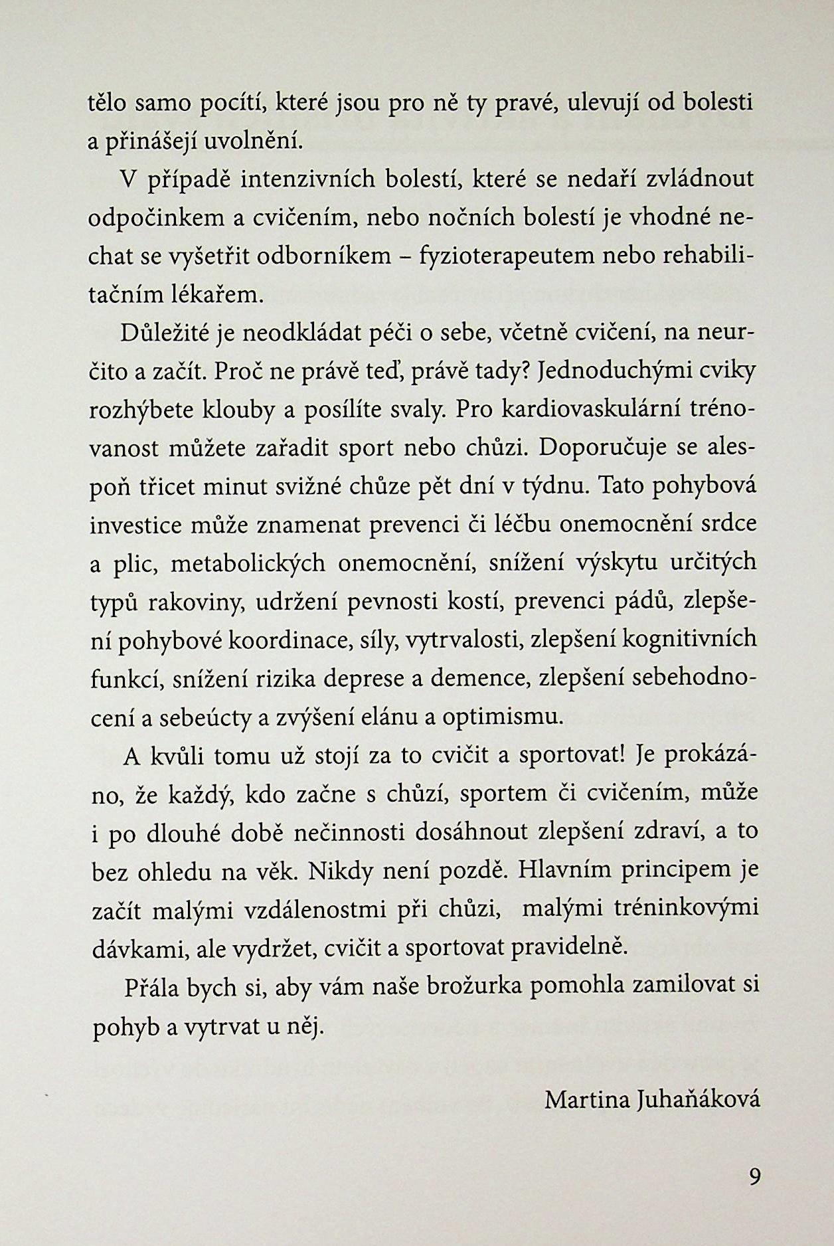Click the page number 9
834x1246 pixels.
[754, 1178]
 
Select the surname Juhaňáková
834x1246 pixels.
[698, 1100]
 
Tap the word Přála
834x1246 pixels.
[152, 986]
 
